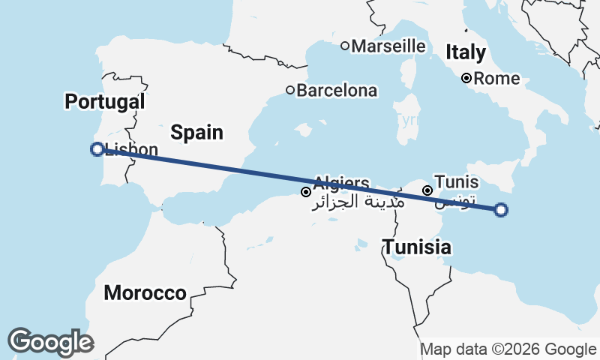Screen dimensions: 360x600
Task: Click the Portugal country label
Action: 104,102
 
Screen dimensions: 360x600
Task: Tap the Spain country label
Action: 196,133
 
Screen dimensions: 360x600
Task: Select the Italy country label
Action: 466,52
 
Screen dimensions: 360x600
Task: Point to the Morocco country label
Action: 145,293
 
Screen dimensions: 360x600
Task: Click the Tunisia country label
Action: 417,247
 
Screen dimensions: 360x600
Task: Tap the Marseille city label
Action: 388,46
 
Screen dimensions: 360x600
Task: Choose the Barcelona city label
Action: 337,91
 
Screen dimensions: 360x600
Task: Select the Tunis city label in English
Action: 457,182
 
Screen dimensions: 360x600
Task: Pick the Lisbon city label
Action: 132,148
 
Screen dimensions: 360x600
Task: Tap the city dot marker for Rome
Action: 466,78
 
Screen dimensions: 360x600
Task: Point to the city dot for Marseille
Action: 345,46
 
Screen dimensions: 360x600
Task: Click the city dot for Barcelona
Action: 290,90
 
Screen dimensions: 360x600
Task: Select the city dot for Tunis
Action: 427,190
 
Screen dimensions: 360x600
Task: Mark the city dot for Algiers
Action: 306,192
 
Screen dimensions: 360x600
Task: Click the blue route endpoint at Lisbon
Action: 97,149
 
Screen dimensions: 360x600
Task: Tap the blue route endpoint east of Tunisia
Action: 502,210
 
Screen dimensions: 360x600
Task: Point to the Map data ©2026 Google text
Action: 508,349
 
